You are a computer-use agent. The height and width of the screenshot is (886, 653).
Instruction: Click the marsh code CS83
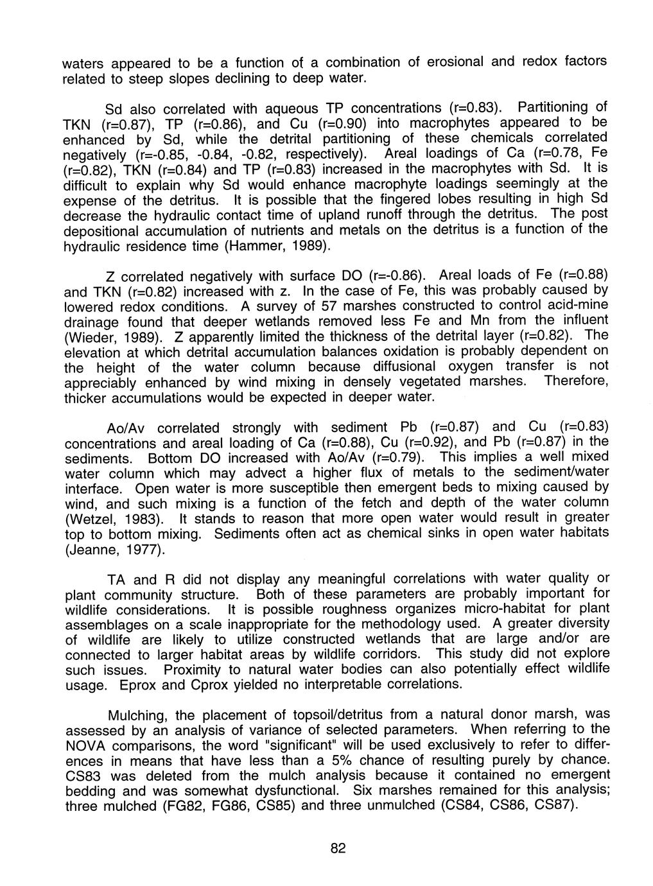(86, 776)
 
